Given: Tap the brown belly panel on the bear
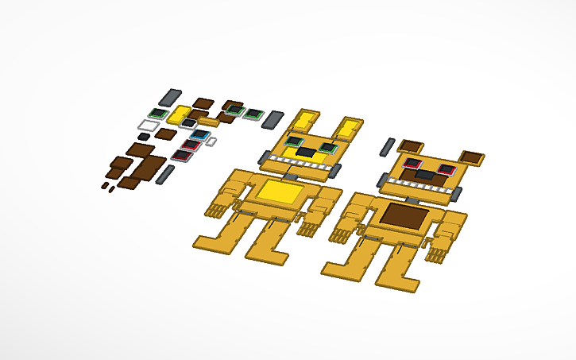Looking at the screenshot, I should tap(404, 215).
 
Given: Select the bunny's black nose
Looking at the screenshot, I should tap(306, 152).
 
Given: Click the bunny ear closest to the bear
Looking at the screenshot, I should tap(349, 126).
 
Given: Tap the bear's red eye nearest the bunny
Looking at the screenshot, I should tap(412, 163).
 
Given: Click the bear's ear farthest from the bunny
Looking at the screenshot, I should tap(471, 157).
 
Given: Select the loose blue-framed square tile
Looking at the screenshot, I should tap(199, 135).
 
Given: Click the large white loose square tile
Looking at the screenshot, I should tap(149, 125).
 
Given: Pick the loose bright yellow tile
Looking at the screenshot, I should tap(180, 114).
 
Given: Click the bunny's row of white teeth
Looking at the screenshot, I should tap(300, 165).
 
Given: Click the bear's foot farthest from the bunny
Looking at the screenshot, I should tap(397, 281).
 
